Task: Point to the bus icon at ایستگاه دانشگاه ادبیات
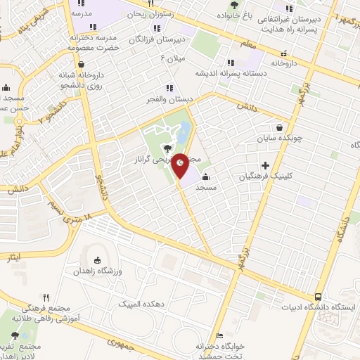[x=319, y=297]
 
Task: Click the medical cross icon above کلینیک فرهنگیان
[x=264, y=165]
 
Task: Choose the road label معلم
[x=247, y=44]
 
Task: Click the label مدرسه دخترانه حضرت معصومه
[x=91, y=41]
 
